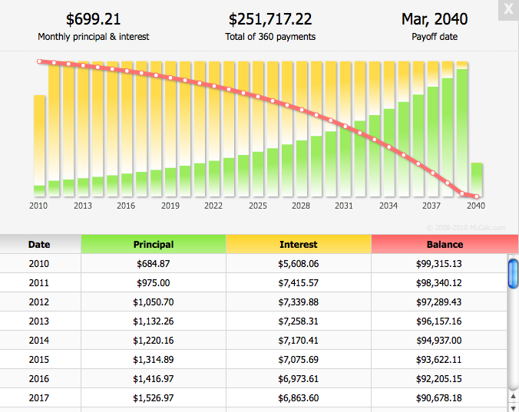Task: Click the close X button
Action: click(x=507, y=10)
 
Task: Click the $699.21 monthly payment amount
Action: click(x=93, y=19)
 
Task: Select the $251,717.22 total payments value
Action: click(x=270, y=19)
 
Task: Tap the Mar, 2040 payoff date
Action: click(x=435, y=19)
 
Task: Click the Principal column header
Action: click(x=154, y=245)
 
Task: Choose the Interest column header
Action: click(x=299, y=245)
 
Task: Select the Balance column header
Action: click(x=445, y=245)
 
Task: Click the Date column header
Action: click(x=39, y=245)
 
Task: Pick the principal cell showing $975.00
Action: click(x=154, y=283)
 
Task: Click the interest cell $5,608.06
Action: click(x=299, y=264)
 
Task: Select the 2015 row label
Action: click(x=39, y=359)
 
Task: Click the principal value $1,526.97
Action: click(x=154, y=397)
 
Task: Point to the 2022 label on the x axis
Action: click(x=213, y=206)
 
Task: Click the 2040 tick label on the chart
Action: click(x=476, y=206)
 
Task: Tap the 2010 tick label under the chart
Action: click(x=38, y=206)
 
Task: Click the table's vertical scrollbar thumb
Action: click(x=513, y=274)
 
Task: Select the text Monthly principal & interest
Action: click(x=93, y=37)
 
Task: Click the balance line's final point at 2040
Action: click(x=476, y=196)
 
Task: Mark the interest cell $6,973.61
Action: click(x=299, y=378)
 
